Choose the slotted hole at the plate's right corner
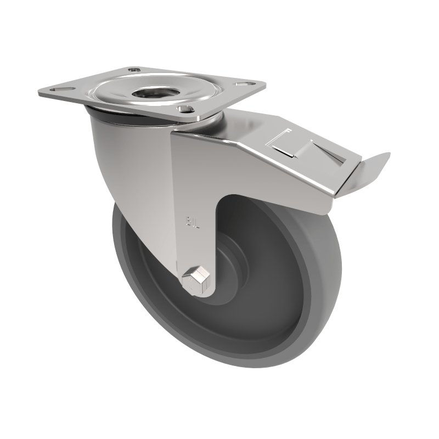click(x=244, y=84)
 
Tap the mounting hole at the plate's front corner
click(x=183, y=109)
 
